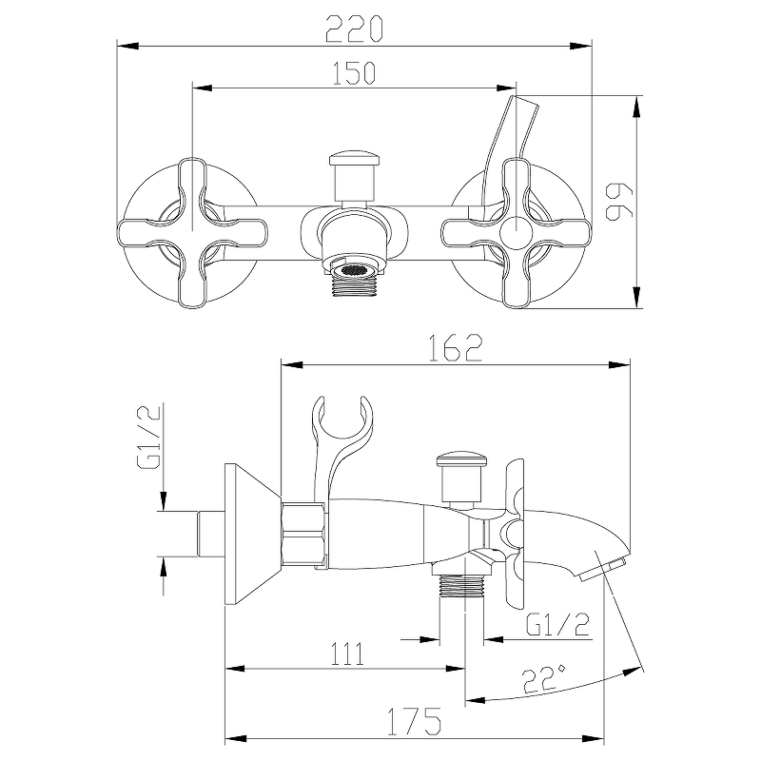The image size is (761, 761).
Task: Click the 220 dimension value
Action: coord(354,29)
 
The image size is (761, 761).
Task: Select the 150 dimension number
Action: coord(354,73)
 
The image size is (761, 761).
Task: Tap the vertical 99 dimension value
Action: coord(620,201)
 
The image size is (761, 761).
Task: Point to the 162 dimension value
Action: coord(456,347)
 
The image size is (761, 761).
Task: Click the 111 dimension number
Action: coord(346,654)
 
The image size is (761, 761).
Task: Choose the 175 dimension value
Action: coord(414,722)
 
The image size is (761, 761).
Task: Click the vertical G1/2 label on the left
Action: coord(149,437)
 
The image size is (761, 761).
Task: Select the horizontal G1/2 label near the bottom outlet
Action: coord(558,624)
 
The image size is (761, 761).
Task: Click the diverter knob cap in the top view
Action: coord(353,159)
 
